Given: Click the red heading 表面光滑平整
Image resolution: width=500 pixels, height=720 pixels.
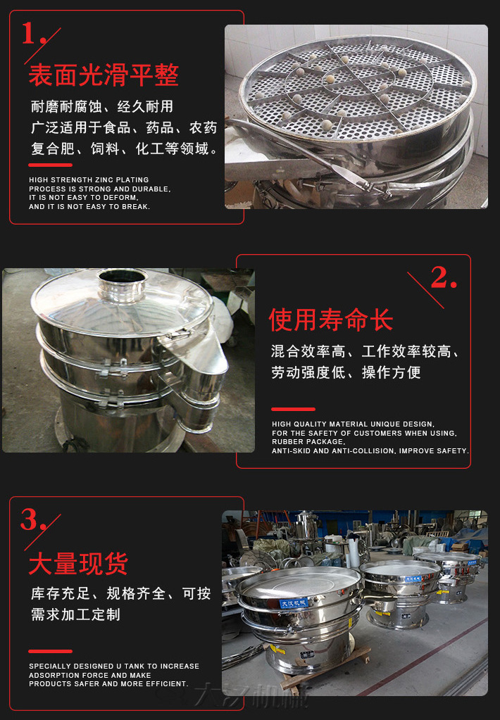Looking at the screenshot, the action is [x=104, y=75].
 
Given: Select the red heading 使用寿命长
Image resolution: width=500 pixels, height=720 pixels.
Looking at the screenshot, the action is [x=331, y=320].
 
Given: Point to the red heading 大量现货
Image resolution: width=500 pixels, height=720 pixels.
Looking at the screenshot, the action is [x=79, y=564].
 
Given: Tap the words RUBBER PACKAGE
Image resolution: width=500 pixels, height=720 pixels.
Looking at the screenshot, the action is [x=308, y=442].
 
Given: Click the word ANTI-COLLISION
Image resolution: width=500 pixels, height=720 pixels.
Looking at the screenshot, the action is [x=363, y=451].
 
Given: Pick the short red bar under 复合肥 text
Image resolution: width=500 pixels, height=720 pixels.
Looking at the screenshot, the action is [x=51, y=165].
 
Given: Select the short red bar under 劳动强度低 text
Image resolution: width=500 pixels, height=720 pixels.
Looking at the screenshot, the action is [x=293, y=409].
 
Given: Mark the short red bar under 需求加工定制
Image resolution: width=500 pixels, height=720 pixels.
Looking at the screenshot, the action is [x=51, y=651].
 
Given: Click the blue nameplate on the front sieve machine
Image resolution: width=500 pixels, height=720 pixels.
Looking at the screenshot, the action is [x=294, y=603].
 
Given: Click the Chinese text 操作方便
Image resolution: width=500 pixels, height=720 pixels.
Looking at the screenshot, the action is [x=392, y=372].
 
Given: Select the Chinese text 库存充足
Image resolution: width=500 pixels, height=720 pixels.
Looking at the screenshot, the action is [x=61, y=593].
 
